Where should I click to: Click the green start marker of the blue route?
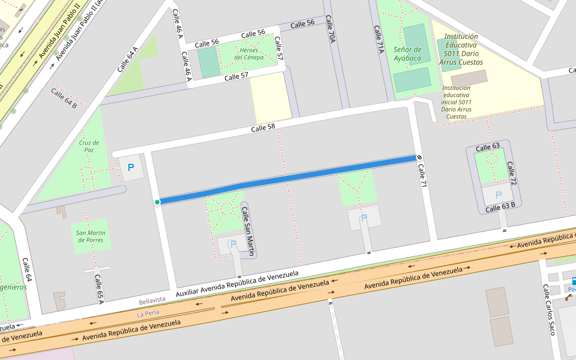coord(157,202)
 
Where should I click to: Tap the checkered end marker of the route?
coord(419,158)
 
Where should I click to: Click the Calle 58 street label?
coord(263,128)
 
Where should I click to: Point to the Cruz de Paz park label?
coord(89,147)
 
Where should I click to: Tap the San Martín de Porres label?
coord(91,236)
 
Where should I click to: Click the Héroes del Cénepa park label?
coord(249,53)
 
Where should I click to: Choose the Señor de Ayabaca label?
coord(407,53)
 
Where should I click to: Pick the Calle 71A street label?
coord(378,40)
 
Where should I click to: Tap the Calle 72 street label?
coord(512,173)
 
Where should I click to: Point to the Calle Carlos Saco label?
coord(549,309)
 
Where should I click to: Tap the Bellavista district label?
coord(152,300)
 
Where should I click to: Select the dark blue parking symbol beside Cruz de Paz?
coord(131,168)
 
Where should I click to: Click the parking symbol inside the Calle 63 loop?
coord(498,195)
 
